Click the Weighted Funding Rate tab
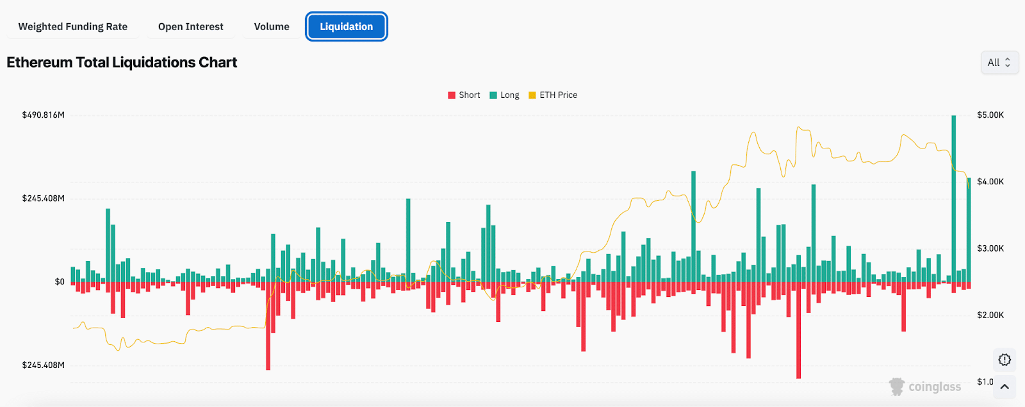(x=72, y=27)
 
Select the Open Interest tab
(x=191, y=27)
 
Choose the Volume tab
(x=272, y=27)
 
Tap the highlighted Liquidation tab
(x=347, y=27)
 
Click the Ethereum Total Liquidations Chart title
(x=122, y=63)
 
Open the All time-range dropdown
(x=999, y=63)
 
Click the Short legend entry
(x=464, y=95)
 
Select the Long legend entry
(x=505, y=95)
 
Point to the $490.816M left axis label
(x=44, y=115)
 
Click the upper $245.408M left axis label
(x=44, y=198)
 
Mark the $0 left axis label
(x=60, y=282)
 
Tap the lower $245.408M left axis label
(x=44, y=365)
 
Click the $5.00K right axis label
(x=990, y=115)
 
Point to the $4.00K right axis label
(x=990, y=182)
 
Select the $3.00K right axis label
(x=990, y=248)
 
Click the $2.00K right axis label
(x=990, y=315)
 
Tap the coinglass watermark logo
(x=925, y=387)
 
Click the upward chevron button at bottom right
(x=1004, y=387)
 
